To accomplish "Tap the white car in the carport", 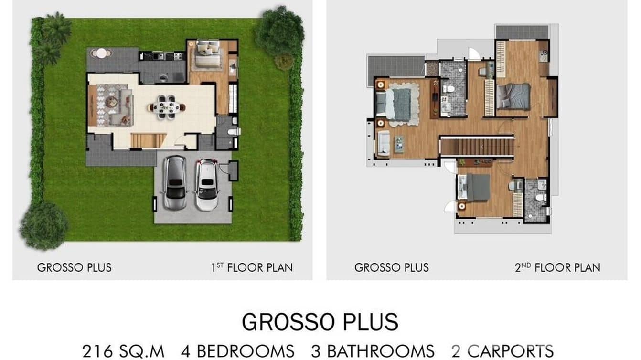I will click(x=207, y=184).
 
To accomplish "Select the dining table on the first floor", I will click(x=166, y=107).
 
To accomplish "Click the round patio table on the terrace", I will click(x=101, y=53).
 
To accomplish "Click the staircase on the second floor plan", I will click(x=477, y=146).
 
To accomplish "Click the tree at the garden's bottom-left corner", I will click(x=44, y=225).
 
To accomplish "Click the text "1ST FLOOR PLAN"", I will click(x=252, y=267).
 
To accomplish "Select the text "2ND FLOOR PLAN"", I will click(x=557, y=267).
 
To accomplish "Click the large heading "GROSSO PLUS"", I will click(x=320, y=322).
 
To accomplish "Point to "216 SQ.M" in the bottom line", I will click(x=123, y=351).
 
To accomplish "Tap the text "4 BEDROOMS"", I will click(x=237, y=351).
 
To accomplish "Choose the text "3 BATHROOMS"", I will click(x=373, y=351).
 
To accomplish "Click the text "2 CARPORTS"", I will click(x=502, y=351).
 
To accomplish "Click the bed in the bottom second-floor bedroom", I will click(x=476, y=188).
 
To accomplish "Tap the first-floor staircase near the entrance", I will click(x=149, y=140).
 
